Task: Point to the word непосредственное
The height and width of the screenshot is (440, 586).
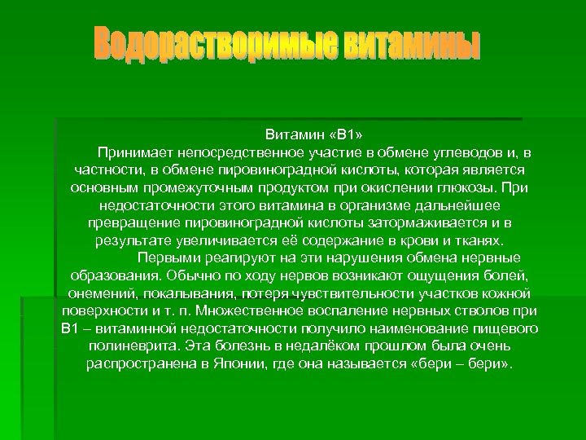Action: (231, 152)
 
